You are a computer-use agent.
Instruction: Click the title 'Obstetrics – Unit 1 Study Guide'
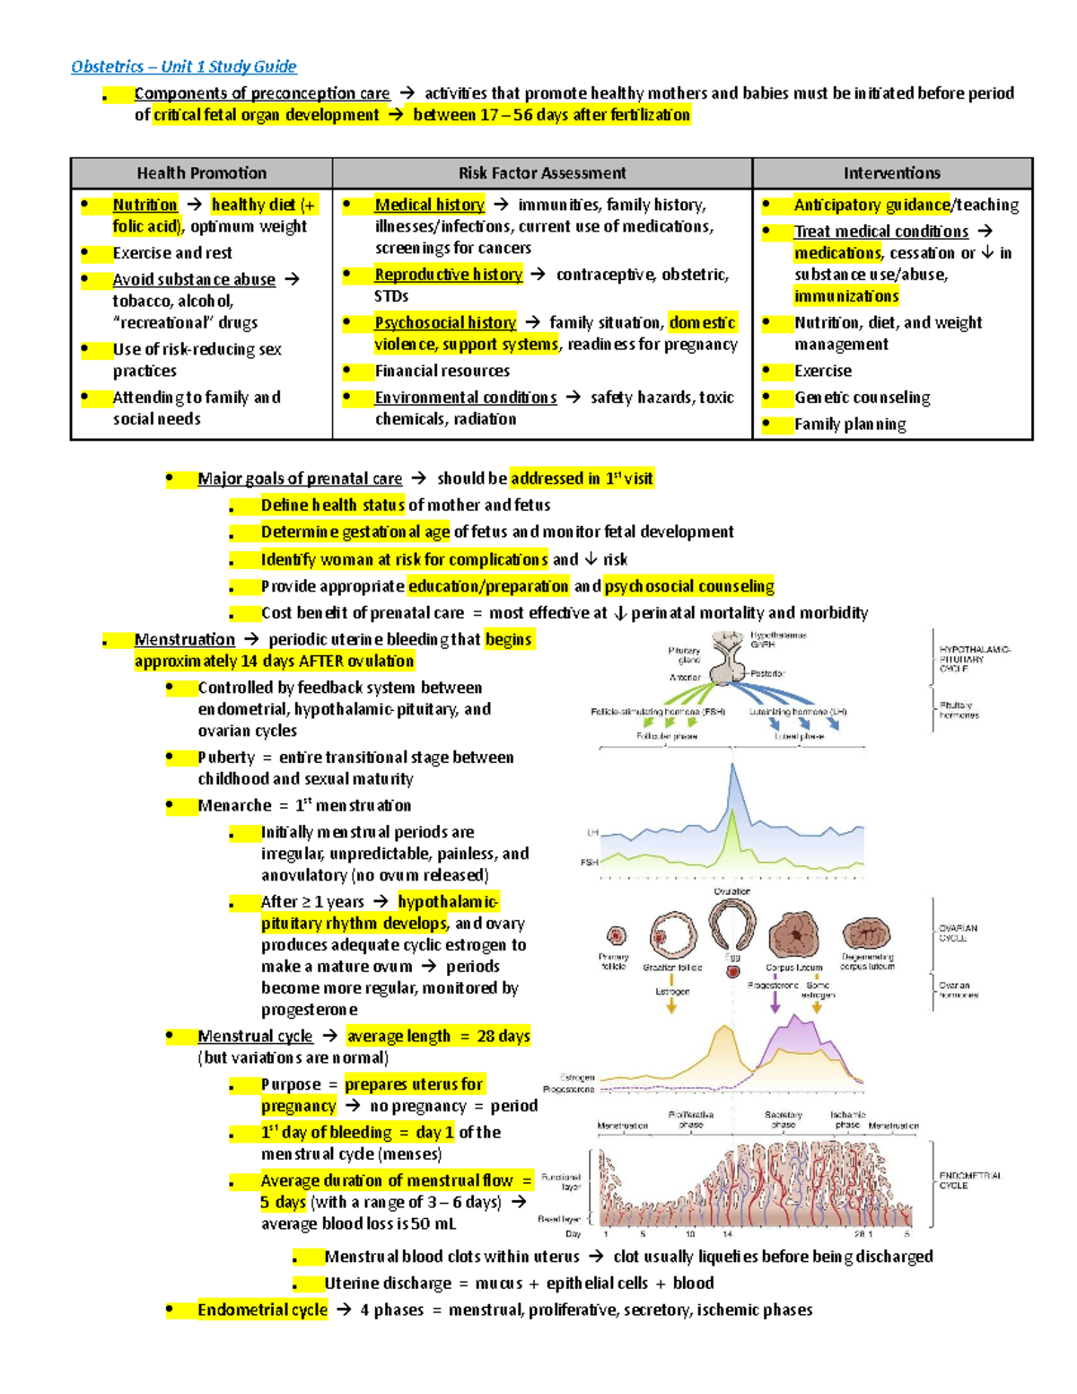click(184, 66)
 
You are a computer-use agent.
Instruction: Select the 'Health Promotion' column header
click(201, 173)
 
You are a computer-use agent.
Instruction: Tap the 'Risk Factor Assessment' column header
click(542, 173)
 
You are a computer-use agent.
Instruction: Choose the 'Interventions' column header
click(892, 173)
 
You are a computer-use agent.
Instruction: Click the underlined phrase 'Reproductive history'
click(448, 275)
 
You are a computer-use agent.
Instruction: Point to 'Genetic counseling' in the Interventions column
click(862, 398)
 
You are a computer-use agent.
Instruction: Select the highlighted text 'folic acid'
click(146, 226)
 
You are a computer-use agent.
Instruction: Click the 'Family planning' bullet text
click(850, 425)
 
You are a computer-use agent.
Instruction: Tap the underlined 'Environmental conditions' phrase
click(465, 398)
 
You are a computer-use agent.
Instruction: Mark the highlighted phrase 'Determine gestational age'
click(355, 532)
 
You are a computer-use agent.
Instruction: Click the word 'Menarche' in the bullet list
click(234, 806)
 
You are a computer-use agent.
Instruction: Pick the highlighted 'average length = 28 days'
click(438, 1037)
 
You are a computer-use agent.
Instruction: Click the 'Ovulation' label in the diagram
click(732, 891)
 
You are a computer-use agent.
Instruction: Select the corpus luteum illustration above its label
click(794, 935)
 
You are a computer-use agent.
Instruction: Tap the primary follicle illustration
click(616, 937)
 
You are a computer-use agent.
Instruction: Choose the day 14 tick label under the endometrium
click(727, 1234)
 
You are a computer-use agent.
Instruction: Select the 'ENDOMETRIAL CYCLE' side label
click(970, 1180)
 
